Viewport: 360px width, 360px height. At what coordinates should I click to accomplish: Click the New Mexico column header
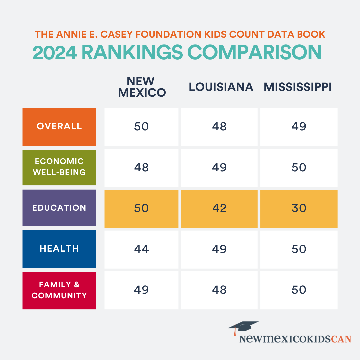[141, 87]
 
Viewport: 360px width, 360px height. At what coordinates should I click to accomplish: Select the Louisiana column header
[221, 87]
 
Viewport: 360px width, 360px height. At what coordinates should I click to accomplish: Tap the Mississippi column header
[298, 87]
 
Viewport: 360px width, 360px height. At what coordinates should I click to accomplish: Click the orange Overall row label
[59, 127]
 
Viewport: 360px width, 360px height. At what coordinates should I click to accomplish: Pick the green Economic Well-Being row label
[59, 167]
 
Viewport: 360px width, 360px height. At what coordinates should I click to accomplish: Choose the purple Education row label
[59, 208]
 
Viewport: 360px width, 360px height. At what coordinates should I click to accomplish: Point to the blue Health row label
[59, 249]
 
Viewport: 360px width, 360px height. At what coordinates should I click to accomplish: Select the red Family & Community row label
[59, 290]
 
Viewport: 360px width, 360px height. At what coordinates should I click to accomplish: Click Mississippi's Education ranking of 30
[299, 208]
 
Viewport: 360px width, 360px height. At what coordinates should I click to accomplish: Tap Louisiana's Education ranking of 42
[219, 208]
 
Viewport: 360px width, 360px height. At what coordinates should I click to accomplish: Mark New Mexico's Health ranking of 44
[141, 249]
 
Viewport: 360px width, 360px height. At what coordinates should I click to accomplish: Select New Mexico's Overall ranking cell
[141, 127]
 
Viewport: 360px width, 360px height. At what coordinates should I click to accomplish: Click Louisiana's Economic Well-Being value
[219, 167]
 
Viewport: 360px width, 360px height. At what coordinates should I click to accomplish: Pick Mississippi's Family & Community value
[299, 290]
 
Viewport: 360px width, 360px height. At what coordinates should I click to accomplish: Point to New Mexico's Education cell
[141, 208]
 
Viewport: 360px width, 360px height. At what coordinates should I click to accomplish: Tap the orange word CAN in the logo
[341, 339]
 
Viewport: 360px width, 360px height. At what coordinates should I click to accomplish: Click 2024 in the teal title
[55, 52]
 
